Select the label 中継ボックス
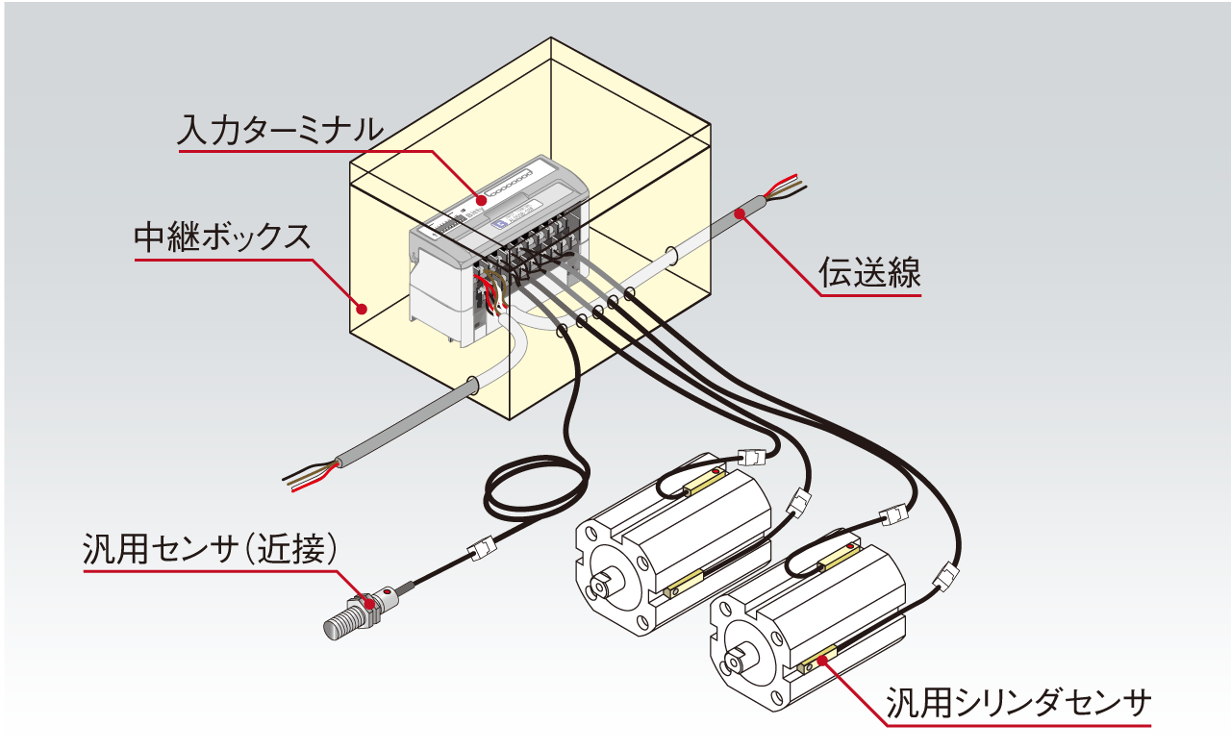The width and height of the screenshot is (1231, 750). pyautogui.click(x=223, y=237)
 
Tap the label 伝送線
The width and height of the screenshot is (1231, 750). pyautogui.click(x=869, y=273)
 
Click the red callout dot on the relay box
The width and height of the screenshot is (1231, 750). pyautogui.click(x=362, y=309)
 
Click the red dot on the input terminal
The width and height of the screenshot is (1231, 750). pyautogui.click(x=472, y=199)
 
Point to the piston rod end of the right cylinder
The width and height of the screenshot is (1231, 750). pyautogui.click(x=739, y=660)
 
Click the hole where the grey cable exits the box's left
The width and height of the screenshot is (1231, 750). pyautogui.click(x=472, y=387)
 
